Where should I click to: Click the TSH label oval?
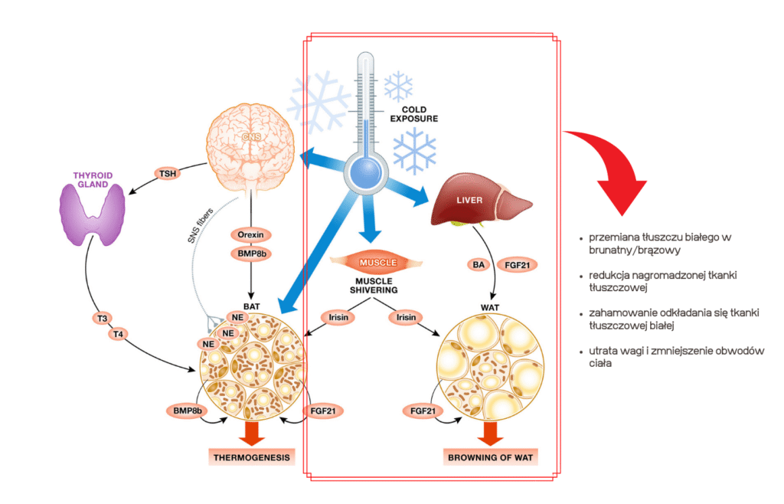tap(167, 174)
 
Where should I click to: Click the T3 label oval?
tap(103, 319)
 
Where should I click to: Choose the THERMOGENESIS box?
tap(250, 458)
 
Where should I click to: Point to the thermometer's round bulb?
tap(366, 170)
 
